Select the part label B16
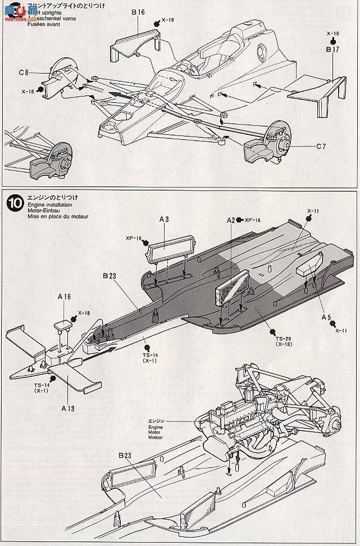tap(138, 11)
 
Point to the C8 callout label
tap(24, 72)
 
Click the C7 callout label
tap(321, 147)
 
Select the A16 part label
tap(63, 296)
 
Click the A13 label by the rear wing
tap(67, 409)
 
